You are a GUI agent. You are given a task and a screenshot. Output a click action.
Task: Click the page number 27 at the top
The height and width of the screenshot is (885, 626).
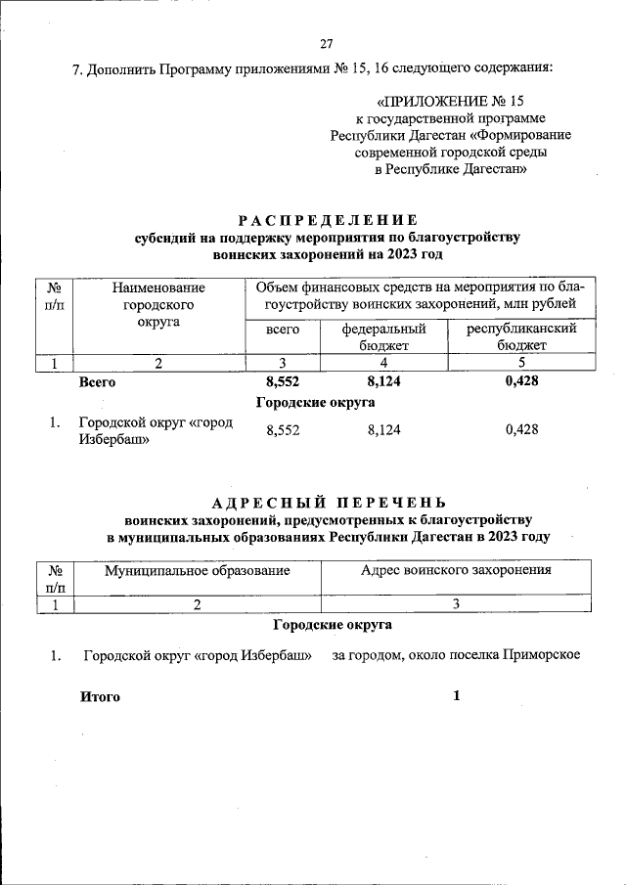(x=327, y=43)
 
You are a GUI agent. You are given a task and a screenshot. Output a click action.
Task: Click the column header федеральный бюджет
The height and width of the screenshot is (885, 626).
(x=383, y=337)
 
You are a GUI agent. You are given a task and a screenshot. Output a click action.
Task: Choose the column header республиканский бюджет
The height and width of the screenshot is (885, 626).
(x=520, y=337)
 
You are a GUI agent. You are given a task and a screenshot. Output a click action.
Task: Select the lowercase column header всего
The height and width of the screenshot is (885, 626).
(x=283, y=331)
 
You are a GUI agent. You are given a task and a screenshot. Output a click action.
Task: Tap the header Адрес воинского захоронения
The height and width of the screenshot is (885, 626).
(x=456, y=569)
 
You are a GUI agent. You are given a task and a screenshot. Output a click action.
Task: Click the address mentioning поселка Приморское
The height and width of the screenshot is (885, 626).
(x=457, y=654)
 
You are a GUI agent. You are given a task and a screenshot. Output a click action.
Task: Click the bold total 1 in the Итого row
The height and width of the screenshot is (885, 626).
(x=456, y=696)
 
